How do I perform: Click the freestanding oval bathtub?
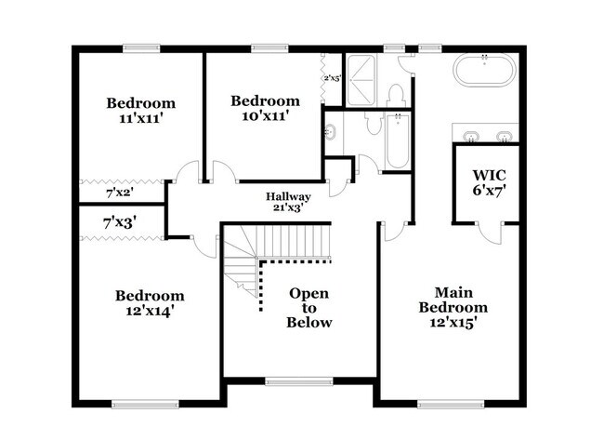point(484,70)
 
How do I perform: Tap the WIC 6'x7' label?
point(489,182)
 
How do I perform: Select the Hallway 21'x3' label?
point(288,202)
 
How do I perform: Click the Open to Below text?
point(309,308)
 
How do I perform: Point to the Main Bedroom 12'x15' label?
point(453,307)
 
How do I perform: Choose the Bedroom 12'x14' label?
point(150,303)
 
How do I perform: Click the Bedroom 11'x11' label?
point(140,111)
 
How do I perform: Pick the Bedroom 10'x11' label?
point(265,108)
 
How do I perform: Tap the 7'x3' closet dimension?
point(119,223)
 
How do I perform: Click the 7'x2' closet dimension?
point(120,193)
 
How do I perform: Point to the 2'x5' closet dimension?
point(332,78)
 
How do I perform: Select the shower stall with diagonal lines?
point(361,80)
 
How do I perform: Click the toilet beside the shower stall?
point(396,96)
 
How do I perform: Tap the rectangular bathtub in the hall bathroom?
point(398,141)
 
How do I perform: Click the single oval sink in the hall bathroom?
point(330,133)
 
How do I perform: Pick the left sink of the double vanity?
point(471,136)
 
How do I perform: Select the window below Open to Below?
point(299,381)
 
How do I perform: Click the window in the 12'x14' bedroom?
point(145,404)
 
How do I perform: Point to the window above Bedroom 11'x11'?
point(141,48)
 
